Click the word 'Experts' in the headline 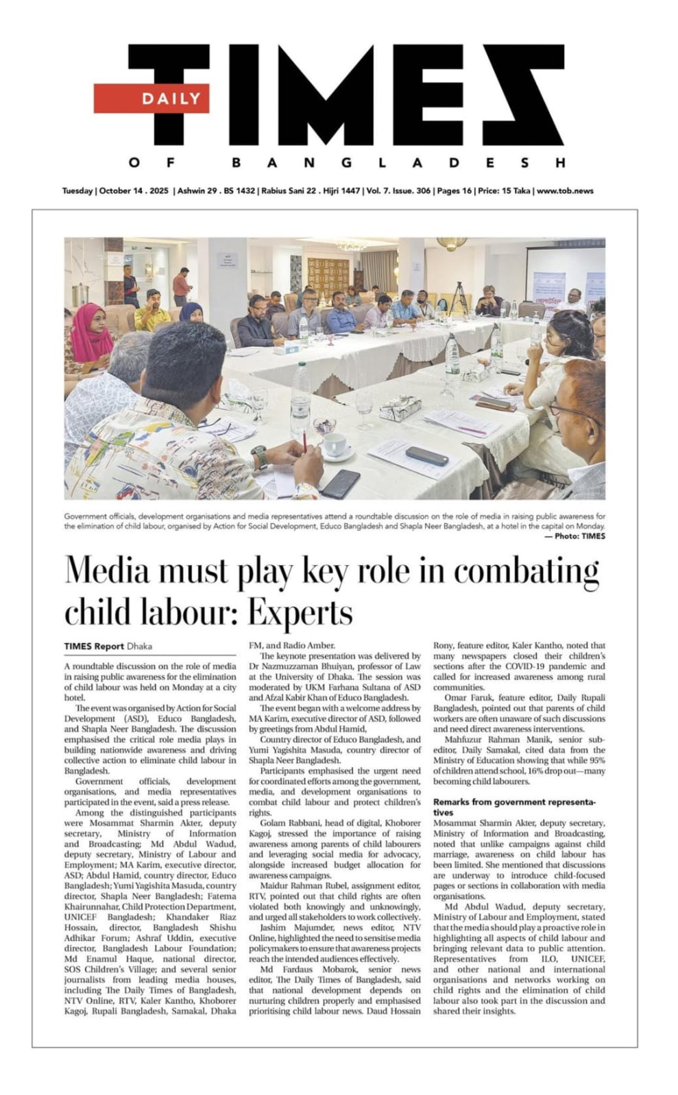point(300,612)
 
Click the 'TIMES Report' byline point(94,646)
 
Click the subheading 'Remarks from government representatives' point(514,807)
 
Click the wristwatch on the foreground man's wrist point(259,457)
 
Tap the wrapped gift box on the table point(400,408)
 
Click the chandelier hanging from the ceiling point(351,245)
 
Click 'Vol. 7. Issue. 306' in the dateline point(399,190)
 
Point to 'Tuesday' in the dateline point(77,190)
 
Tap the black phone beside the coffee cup point(341,483)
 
